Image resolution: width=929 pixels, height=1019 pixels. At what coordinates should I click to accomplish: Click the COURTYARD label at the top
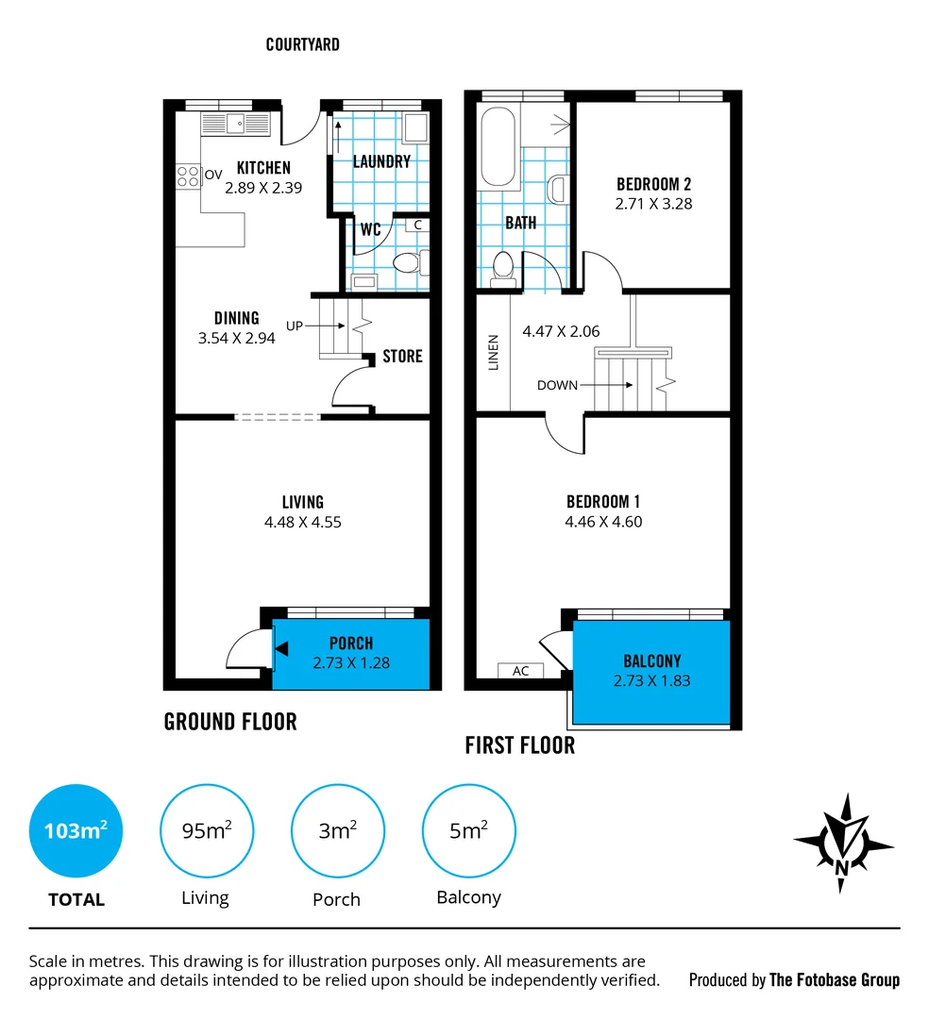tap(302, 44)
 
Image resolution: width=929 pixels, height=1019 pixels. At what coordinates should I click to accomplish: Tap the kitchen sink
tap(235, 123)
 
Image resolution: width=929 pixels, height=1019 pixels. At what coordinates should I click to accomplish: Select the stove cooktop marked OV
tap(189, 175)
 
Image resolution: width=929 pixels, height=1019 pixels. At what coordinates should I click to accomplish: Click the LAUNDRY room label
tap(381, 161)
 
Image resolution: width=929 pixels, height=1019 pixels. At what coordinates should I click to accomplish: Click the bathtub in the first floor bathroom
tap(498, 147)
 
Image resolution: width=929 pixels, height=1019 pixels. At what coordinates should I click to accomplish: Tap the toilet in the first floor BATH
tap(504, 266)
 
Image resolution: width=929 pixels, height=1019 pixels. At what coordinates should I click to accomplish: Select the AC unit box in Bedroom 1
tap(520, 671)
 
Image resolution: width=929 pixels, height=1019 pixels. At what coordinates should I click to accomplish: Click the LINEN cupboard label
tap(493, 352)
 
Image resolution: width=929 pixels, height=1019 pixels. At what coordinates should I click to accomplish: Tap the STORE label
tap(402, 357)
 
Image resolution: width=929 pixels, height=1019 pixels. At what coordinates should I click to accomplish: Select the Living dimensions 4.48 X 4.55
tap(303, 522)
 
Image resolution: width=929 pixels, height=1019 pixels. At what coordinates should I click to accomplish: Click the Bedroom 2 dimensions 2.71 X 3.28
tap(653, 203)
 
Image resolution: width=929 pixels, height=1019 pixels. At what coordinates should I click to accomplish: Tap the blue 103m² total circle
tap(76, 831)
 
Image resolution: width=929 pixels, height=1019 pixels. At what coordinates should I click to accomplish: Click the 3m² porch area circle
tap(337, 831)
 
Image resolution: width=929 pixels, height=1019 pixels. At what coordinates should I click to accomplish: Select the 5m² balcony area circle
tap(468, 831)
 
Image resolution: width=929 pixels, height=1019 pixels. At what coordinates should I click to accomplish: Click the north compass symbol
tap(843, 843)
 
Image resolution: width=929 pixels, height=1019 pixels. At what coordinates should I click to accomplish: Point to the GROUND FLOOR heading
tap(230, 722)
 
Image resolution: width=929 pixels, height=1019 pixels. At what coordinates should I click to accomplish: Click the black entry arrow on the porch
tap(280, 647)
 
